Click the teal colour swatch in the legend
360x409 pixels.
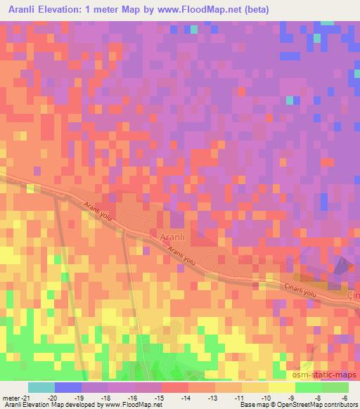pyautogui.click(x=41, y=387)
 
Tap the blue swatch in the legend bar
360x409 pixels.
pyautogui.click(x=68, y=387)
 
